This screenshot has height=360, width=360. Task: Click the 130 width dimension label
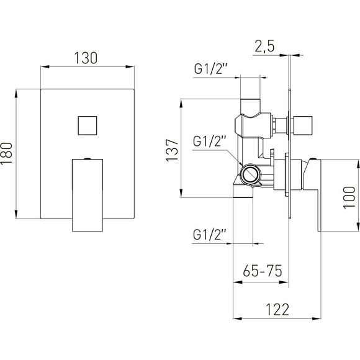click(86, 58)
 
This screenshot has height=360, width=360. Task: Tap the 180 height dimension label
click(6, 153)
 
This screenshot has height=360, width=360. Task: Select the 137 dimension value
click(172, 150)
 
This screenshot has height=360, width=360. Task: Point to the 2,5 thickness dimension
click(264, 47)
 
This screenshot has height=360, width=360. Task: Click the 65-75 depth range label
click(263, 271)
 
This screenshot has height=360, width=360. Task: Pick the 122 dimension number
click(277, 310)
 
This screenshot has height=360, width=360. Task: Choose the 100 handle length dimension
click(349, 197)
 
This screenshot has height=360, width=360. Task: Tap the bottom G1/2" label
click(210, 235)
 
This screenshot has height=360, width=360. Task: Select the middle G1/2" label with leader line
click(210, 141)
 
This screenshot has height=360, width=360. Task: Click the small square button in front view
click(88, 125)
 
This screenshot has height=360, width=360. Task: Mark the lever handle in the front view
click(88, 195)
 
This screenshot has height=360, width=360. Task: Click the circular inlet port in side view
click(251, 174)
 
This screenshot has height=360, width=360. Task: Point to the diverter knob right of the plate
click(301, 125)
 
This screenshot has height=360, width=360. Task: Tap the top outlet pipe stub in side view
click(250, 107)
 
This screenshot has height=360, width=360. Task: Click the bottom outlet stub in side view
click(243, 192)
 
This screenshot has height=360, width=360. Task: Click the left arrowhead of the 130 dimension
click(45, 67)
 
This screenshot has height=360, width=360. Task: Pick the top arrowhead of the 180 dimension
click(16, 94)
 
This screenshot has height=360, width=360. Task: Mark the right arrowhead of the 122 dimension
click(317, 318)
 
